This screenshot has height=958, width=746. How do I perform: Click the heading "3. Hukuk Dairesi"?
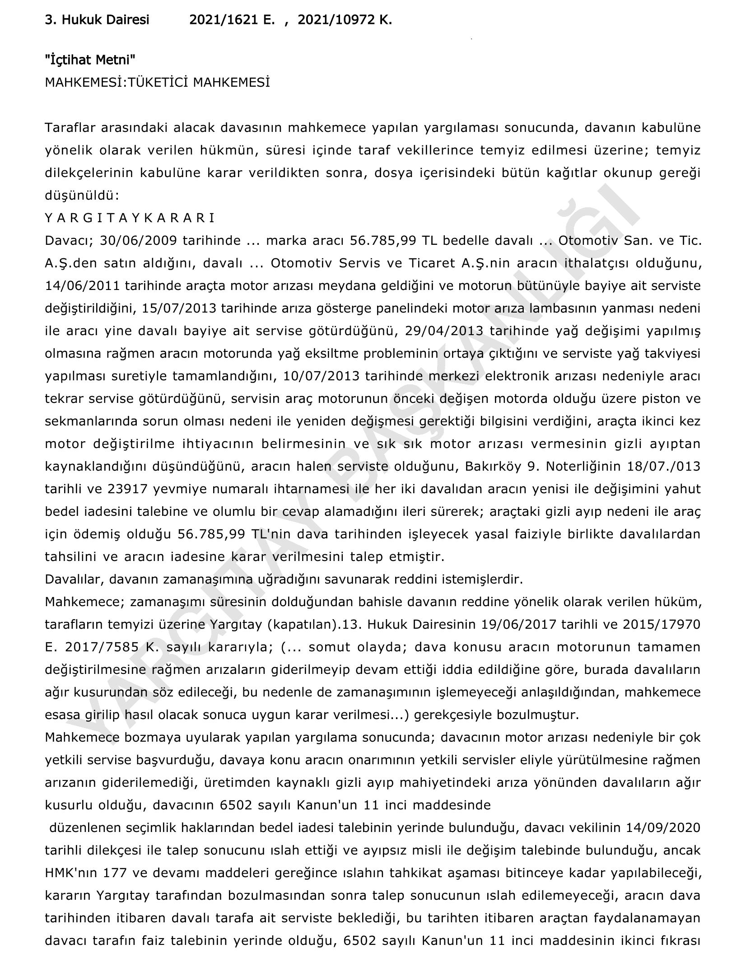[x=97, y=20]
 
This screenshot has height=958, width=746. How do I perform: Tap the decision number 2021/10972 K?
[x=345, y=20]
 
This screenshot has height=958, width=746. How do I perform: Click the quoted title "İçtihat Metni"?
[x=90, y=60]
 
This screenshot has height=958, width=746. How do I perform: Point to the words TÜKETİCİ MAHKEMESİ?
[x=199, y=83]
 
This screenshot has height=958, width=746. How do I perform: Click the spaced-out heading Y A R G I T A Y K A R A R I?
[x=130, y=218]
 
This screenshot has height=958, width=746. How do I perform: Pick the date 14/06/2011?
[x=83, y=286]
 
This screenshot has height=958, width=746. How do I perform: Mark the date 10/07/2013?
[x=322, y=376]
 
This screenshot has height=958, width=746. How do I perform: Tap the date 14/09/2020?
[x=663, y=828]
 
